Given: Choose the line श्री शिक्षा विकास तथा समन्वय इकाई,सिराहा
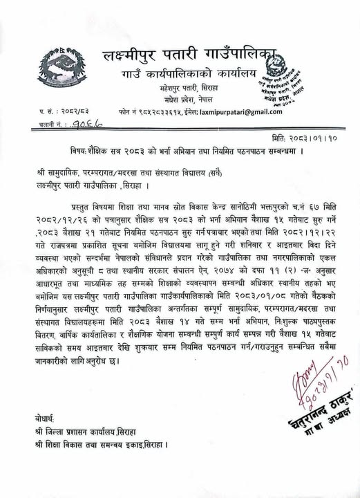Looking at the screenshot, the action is [102, 444].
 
